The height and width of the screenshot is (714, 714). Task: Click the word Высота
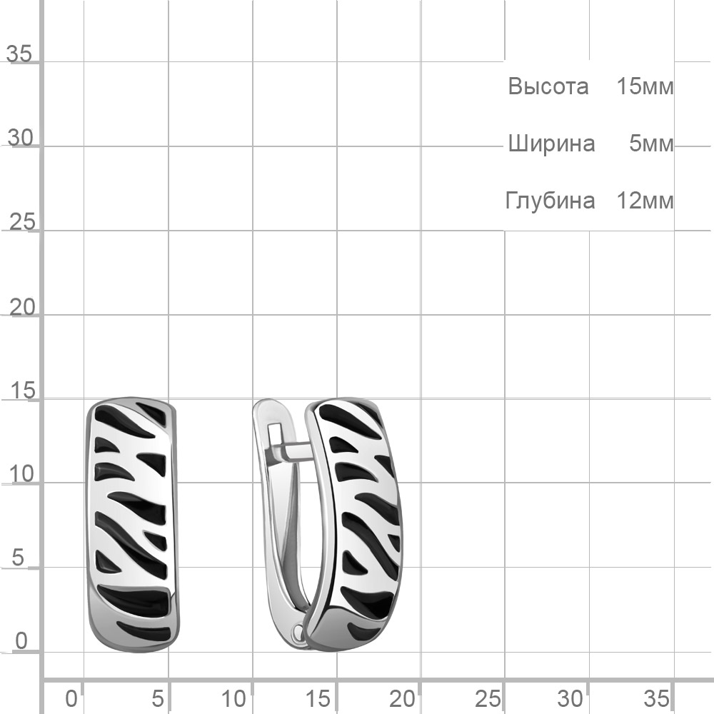coord(548,86)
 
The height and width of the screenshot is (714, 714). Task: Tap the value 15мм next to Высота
coord(645,86)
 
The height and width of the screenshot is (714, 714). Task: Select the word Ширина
coord(551,144)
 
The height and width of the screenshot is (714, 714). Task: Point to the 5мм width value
coord(651,144)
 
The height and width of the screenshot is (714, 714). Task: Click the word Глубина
coord(550,201)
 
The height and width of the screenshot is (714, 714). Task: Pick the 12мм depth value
coord(645,201)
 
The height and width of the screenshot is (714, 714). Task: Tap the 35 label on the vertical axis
coord(19,54)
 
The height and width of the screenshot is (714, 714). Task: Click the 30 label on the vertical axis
coord(21,138)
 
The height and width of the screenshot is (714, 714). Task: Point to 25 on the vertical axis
coord(22,222)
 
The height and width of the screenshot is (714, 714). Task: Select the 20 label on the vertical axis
coord(22,308)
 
